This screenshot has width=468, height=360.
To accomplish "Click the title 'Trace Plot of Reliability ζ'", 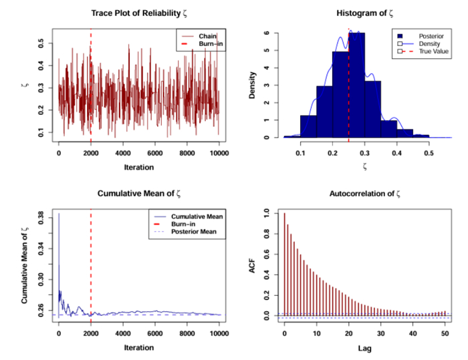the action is tap(139, 13).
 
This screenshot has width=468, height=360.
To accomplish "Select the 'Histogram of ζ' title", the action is tap(365, 13).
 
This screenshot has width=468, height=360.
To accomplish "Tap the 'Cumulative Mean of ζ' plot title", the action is tap(139, 194).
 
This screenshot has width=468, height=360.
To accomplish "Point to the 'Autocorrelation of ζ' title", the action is tap(365, 194).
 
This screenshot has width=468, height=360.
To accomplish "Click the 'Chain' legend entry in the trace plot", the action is tap(208, 36).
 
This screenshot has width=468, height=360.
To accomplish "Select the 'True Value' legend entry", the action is tap(434, 51).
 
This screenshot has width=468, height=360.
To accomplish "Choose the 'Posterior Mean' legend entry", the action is tap(194, 232).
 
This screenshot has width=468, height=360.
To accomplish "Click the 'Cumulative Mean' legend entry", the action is tap(197, 216).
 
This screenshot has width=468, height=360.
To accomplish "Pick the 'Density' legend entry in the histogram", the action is tap(429, 44).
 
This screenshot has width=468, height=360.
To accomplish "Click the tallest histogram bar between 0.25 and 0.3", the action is tap(356, 85).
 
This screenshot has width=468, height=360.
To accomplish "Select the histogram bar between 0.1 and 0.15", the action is tap(308, 126).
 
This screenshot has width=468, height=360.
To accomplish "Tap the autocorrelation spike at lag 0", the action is tap(284, 264).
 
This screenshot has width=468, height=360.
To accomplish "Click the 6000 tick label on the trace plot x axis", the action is tap(155, 154).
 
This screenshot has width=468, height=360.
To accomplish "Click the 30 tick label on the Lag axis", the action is tap(380, 333).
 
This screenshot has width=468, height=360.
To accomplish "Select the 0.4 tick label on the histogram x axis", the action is tap(396, 154).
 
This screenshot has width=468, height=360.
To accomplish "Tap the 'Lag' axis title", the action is tap(365, 348).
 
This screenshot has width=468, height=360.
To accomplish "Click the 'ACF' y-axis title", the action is tap(252, 266).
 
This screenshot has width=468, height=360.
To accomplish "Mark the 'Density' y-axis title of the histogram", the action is tap(252, 85).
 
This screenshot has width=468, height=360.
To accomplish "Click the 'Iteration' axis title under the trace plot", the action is tap(139, 168).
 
